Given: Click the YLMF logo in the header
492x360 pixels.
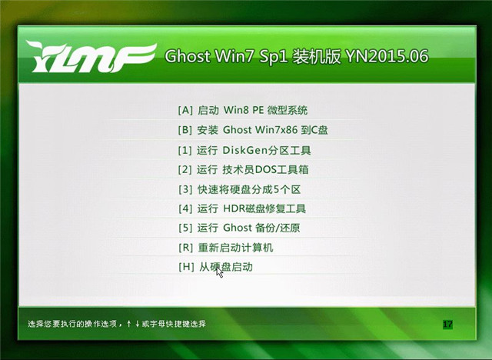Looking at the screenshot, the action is click(91, 56).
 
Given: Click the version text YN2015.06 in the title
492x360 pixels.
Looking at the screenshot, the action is click(387, 56).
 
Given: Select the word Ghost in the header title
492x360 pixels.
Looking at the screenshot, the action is click(188, 56).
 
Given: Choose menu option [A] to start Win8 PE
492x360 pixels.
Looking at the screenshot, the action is click(243, 111).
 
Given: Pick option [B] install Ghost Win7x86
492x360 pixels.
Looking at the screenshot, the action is click(253, 130).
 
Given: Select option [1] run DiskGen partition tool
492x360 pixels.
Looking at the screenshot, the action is click(244, 150).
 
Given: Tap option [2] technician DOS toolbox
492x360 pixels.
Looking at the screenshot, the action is click(243, 170).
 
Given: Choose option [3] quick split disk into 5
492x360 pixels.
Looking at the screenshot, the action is click(239, 189).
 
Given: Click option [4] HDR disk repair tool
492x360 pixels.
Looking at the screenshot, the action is click(242, 208).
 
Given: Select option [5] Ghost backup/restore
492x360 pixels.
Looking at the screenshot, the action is click(239, 228).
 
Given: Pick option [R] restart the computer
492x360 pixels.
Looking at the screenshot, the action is click(225, 248).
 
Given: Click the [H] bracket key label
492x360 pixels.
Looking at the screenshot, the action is click(186, 267).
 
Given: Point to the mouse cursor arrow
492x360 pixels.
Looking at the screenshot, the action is click(219, 272).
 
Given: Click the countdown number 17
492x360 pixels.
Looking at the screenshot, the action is click(447, 324).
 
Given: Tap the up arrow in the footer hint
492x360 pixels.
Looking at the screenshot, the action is click(129, 324).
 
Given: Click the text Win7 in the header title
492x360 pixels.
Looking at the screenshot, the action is click(234, 56).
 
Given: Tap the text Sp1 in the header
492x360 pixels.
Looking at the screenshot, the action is click(274, 57).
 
